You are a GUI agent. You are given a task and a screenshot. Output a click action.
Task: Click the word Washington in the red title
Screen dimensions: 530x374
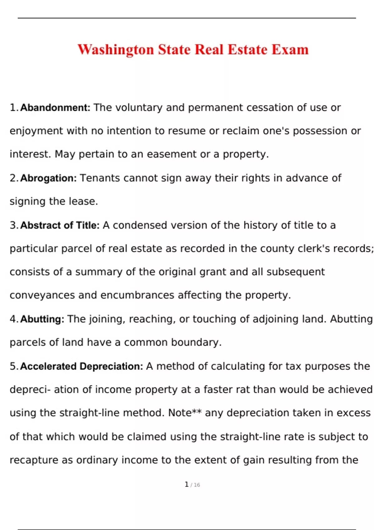116,50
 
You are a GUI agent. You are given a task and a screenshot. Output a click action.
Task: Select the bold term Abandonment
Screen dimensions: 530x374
55,108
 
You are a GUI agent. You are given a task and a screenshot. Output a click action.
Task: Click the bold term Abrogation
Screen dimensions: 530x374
48,178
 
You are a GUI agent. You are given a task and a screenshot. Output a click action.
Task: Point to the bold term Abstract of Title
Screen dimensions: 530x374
60,225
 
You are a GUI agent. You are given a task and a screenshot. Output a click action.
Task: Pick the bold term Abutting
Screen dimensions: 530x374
42,319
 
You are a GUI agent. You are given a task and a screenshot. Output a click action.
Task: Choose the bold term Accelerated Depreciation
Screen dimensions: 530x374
82,366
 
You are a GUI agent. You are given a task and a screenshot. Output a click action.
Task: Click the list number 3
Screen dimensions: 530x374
13,225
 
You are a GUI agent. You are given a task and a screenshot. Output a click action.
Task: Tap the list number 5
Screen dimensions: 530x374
13,366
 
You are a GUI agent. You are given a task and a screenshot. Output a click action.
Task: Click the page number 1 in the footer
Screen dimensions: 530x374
186,484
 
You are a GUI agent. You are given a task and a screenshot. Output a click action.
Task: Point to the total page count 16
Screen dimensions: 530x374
197,485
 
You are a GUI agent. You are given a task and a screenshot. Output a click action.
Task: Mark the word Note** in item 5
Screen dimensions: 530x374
185,413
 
